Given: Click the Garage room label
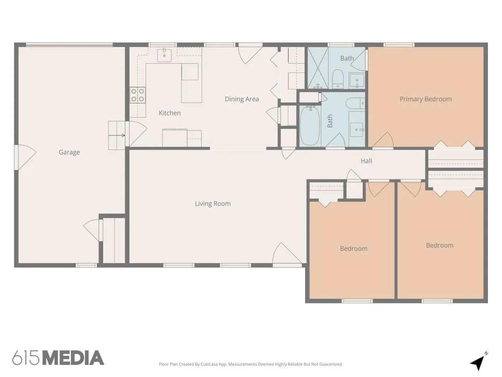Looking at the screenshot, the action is click(x=69, y=152).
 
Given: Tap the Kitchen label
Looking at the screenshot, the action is click(x=170, y=113).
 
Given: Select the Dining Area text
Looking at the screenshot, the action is click(x=242, y=99).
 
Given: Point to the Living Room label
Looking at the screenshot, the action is click(x=213, y=204).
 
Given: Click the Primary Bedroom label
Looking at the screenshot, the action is click(x=425, y=99).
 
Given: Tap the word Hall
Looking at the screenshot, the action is click(x=366, y=161).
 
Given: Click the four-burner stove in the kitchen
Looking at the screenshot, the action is click(x=138, y=95).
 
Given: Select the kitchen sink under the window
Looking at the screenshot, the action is click(x=164, y=55).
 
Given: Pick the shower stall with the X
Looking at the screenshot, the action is click(x=318, y=68).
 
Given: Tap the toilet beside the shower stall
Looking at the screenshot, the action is click(x=338, y=79).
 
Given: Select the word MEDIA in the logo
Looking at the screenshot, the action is click(x=74, y=358).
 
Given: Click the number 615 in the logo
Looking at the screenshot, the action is click(x=26, y=358).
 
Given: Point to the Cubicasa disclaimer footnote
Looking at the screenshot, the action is click(x=251, y=364).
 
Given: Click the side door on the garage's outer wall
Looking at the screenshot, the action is click(x=25, y=157).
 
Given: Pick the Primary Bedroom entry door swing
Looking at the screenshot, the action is click(x=383, y=139).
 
